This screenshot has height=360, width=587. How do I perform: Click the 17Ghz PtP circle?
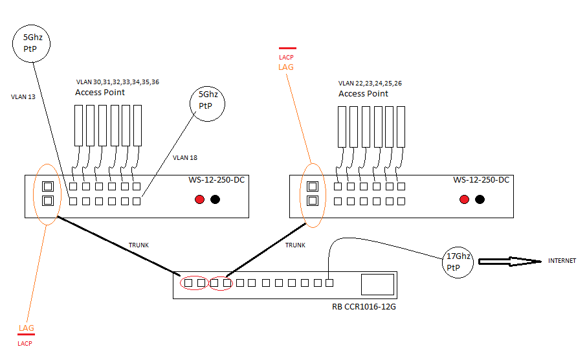coord(458,262)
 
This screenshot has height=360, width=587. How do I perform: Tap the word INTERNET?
coord(561,261)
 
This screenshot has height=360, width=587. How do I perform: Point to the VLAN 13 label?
coord(23,97)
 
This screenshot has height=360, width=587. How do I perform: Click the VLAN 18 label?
coord(186,157)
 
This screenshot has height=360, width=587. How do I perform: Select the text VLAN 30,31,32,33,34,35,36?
coord(117,83)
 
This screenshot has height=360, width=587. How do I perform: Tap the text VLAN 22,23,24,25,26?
coord(370,84)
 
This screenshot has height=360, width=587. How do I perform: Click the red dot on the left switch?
coord(200,199)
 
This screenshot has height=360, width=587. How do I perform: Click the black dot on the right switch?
coord(480,199)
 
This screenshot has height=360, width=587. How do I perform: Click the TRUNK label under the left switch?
coord(139,245)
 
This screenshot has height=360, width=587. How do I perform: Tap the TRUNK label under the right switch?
coord(295,245)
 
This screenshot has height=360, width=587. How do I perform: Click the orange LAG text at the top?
coord(286,67)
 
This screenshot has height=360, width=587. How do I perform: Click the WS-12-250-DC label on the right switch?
coord(482,179)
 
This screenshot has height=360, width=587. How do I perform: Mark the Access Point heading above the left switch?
coord(100,93)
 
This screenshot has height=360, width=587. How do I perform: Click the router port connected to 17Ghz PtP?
coord(329,282)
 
